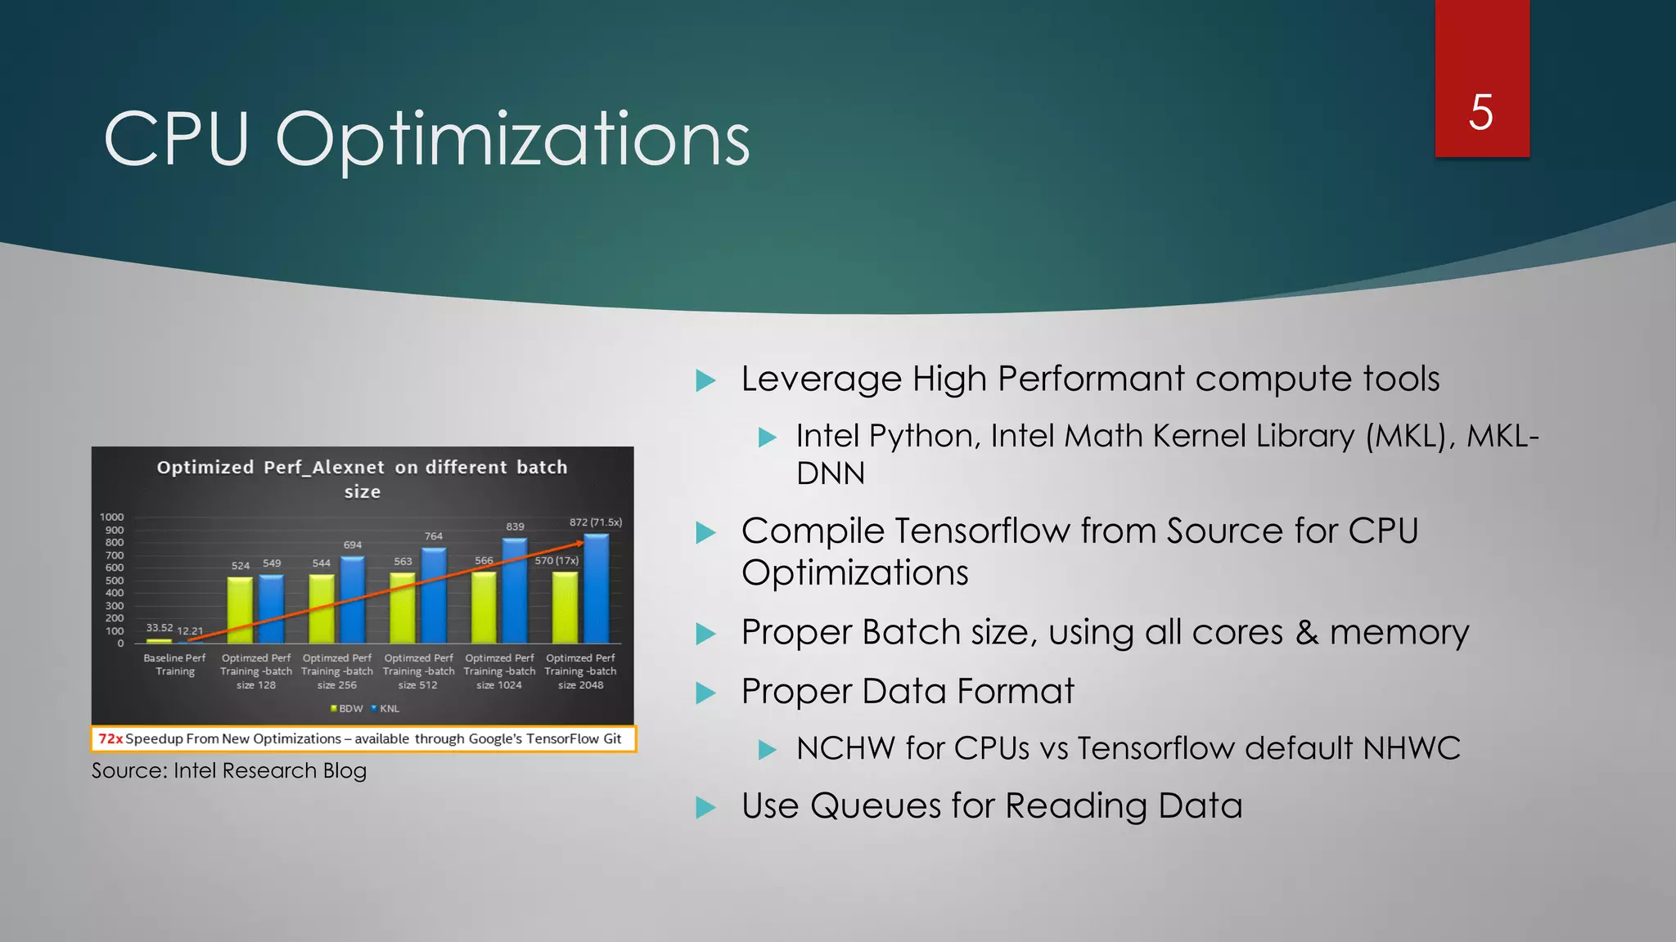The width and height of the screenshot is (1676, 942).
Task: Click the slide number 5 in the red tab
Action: click(1481, 112)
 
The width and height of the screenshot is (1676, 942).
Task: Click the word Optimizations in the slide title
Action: click(512, 140)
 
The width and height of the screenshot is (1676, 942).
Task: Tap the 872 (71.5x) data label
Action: click(595, 522)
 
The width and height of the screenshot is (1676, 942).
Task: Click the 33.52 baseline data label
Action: click(160, 628)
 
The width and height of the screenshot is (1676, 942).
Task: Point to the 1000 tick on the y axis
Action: click(112, 517)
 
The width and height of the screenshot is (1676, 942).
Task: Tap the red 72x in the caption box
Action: click(110, 738)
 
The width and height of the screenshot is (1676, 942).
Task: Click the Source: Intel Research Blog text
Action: click(229, 770)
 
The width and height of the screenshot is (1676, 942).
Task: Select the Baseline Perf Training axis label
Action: click(174, 665)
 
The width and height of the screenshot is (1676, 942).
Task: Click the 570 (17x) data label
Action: click(556, 560)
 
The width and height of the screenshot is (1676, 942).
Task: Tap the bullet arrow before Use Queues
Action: click(705, 808)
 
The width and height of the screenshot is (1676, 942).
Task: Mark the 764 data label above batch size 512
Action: click(434, 536)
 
